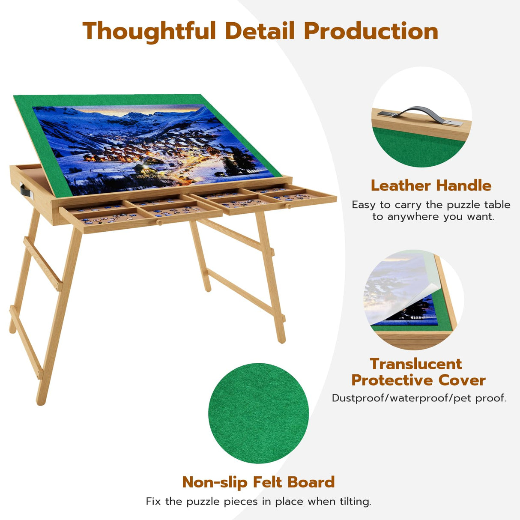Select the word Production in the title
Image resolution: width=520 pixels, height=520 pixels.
coord(371,31)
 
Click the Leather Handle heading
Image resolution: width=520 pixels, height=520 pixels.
coord(431,185)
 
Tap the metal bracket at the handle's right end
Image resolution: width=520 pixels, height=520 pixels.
coord(454,123)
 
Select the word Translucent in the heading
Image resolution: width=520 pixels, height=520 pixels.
coord(416,364)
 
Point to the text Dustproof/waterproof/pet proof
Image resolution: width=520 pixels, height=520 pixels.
coord(419,398)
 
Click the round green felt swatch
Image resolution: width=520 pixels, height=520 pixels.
coord(258,413)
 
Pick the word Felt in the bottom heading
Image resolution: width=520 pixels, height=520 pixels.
coord(268,482)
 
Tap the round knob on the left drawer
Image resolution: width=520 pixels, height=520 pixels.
coord(159,222)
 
